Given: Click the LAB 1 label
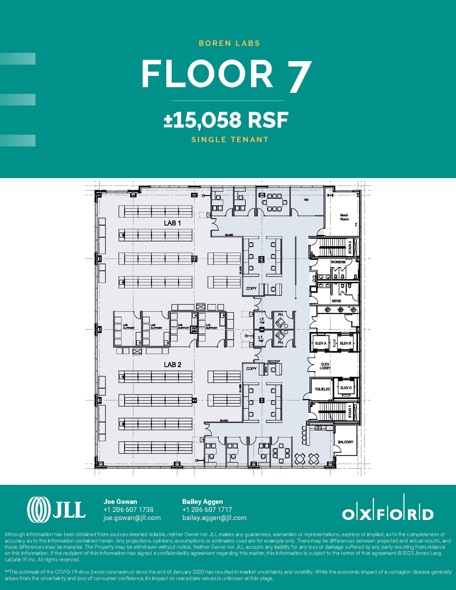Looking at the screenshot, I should (172, 223).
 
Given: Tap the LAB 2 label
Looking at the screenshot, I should (173, 365).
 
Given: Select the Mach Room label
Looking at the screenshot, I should (344, 217).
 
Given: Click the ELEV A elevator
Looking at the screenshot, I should (321, 343).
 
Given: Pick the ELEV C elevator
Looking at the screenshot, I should (346, 388).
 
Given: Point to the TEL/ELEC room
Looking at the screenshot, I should (322, 389).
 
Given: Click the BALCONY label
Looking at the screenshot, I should (345, 442).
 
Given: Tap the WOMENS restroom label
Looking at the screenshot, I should (338, 262).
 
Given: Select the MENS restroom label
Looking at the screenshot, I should (336, 301).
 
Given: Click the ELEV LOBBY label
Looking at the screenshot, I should (325, 366).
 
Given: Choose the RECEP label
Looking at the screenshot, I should (273, 362).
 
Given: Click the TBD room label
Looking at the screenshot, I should (306, 200).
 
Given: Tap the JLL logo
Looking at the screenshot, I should (56, 510).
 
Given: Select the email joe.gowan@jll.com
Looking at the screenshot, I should (132, 518).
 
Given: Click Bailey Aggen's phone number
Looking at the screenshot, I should (207, 510).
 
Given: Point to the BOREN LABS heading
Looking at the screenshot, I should (229, 44).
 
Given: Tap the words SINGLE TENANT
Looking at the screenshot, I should (230, 140).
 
